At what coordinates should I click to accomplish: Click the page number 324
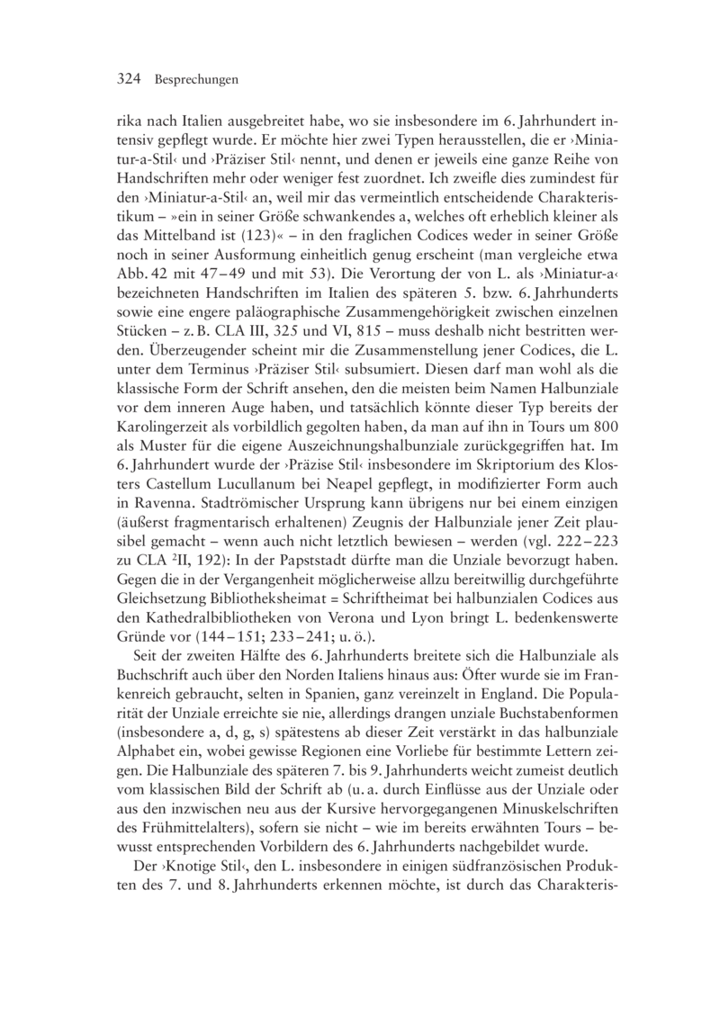(x=131, y=79)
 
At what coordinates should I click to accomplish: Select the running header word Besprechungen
(x=195, y=80)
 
